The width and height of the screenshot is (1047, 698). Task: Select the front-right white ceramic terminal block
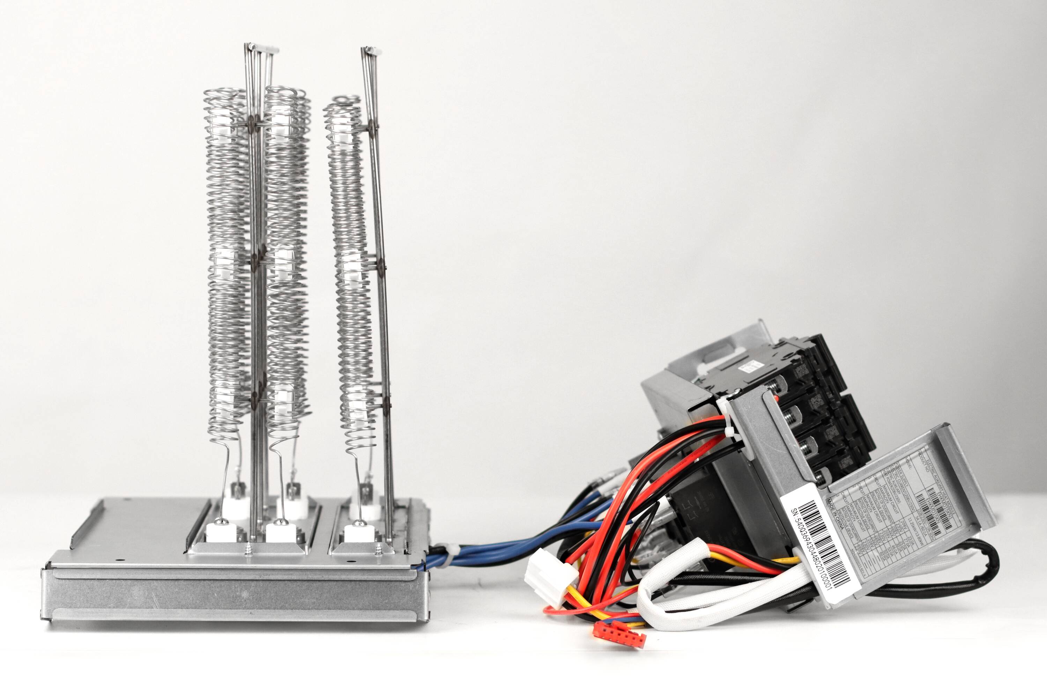tap(359, 533)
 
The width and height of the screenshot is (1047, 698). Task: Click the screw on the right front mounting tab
tap(379, 548)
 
